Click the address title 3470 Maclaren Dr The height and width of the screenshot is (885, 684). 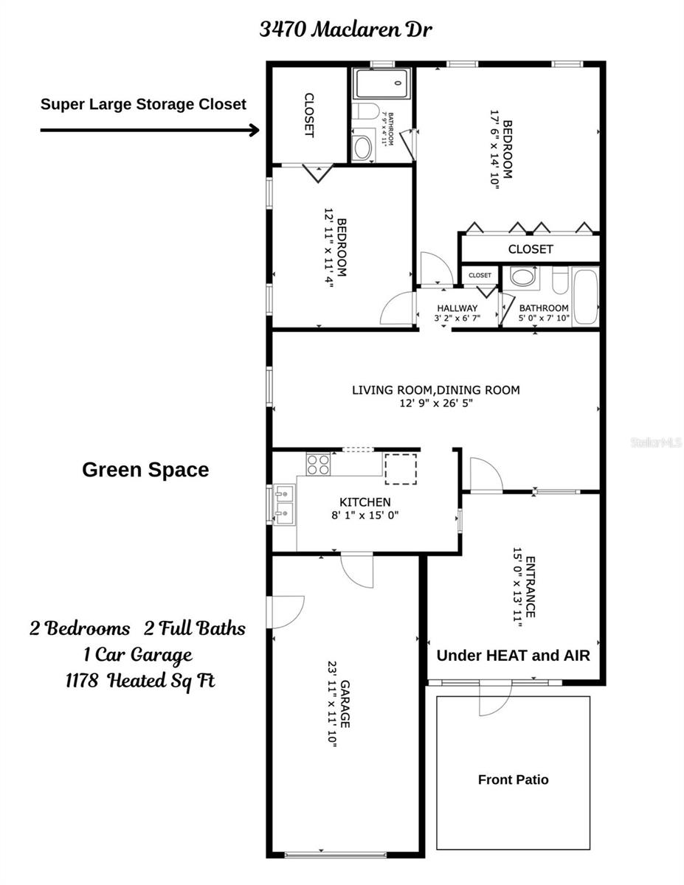(x=345, y=29)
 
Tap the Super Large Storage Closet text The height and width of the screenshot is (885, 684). (x=143, y=104)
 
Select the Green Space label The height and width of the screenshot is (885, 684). (x=145, y=470)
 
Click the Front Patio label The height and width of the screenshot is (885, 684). (x=513, y=780)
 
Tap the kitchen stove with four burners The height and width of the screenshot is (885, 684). (x=318, y=464)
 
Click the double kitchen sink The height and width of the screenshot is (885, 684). (x=283, y=503)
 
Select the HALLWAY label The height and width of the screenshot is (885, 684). (x=457, y=308)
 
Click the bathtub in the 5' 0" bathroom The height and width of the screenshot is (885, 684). (x=587, y=296)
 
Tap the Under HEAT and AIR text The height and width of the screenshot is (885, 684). (x=514, y=655)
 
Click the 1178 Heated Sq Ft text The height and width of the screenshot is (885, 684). (x=140, y=680)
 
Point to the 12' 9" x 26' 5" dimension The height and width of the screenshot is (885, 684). (x=435, y=404)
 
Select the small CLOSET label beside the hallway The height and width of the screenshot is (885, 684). (x=480, y=275)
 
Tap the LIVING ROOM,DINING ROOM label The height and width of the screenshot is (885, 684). (x=435, y=389)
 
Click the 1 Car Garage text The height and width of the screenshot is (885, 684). (x=139, y=654)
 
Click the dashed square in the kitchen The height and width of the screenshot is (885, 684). (x=401, y=468)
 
